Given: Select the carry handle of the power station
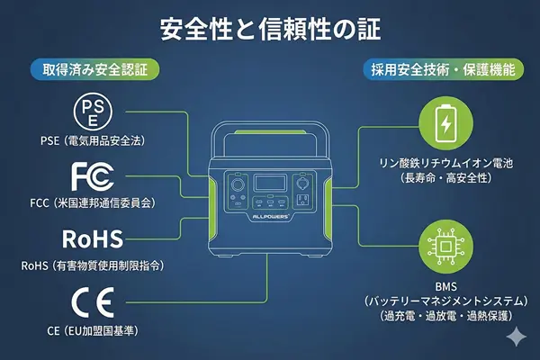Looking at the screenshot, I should click(270, 135).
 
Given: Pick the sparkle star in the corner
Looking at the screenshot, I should click(516, 336).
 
